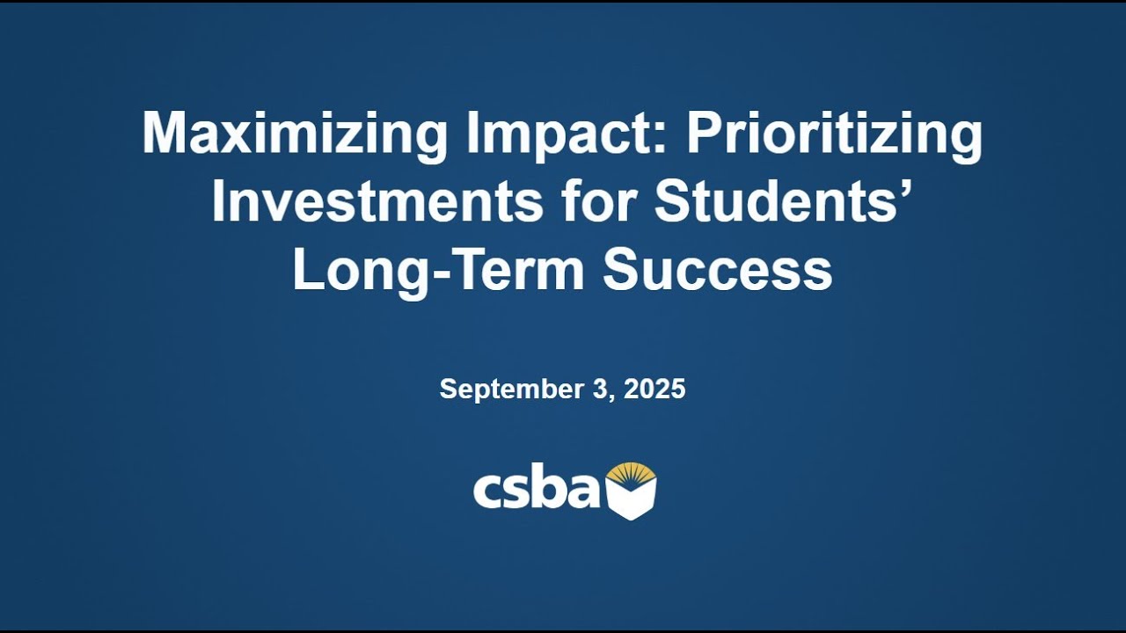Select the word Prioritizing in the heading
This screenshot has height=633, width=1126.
coord(834,135)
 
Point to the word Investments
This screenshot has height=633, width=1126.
coord(377,201)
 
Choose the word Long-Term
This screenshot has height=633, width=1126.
coord(437,269)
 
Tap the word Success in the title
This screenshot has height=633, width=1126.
coord(717,269)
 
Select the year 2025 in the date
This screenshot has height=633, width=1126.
coord(654,389)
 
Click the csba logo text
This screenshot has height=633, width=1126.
coord(536,489)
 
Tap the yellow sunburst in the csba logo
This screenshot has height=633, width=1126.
coord(631,474)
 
